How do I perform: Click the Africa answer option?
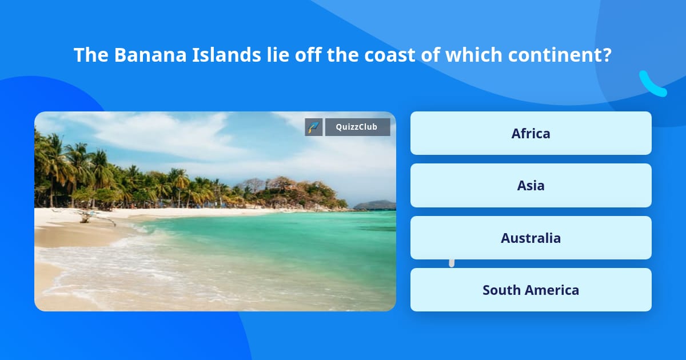[x=531, y=133]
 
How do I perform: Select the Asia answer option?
[x=531, y=185]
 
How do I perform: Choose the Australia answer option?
[x=531, y=238]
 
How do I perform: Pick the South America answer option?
[x=531, y=290]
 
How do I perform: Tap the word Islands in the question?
[x=205, y=55]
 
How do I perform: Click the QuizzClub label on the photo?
[x=357, y=127]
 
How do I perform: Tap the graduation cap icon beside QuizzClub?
[x=314, y=127]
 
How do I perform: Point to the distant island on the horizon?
[x=374, y=205]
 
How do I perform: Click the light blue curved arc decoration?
[x=652, y=85]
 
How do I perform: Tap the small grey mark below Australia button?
[x=452, y=263]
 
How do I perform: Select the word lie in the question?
[x=255, y=55]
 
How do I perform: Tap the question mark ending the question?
[x=607, y=55]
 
